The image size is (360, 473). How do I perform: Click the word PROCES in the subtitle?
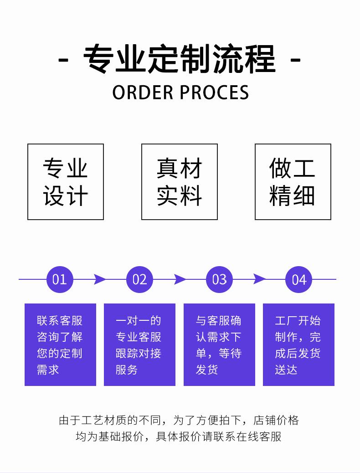pyautogui.click(x=215, y=93)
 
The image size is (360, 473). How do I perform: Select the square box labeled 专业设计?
pyautogui.click(x=66, y=182)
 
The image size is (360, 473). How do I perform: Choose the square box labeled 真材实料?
pyautogui.click(x=179, y=182)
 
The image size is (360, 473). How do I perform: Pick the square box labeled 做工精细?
pyautogui.click(x=293, y=182)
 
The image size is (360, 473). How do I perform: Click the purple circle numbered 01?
pyautogui.click(x=60, y=279)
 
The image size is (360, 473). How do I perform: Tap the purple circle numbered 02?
pyautogui.click(x=139, y=279)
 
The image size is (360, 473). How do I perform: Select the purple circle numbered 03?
pyautogui.click(x=219, y=279)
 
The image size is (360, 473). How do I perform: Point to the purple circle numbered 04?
pyautogui.click(x=299, y=279)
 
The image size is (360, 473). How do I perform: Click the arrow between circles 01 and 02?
pyautogui.click(x=100, y=279)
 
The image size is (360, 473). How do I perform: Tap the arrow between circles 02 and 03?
pyautogui.click(x=180, y=279)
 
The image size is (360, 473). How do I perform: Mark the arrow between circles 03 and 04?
pyautogui.click(x=259, y=279)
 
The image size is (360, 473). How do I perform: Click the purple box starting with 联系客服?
pyautogui.click(x=60, y=344)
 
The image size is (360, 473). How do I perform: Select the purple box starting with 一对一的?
pyautogui.click(x=140, y=344)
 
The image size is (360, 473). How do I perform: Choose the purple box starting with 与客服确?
pyautogui.click(x=219, y=344)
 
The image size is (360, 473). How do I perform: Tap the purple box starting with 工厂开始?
pyautogui.click(x=299, y=344)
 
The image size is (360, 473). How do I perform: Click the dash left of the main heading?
pyautogui.click(x=63, y=60)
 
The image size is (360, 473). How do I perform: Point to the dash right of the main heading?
pyautogui.click(x=295, y=60)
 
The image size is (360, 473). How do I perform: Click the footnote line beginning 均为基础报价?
pyautogui.click(x=179, y=437)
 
